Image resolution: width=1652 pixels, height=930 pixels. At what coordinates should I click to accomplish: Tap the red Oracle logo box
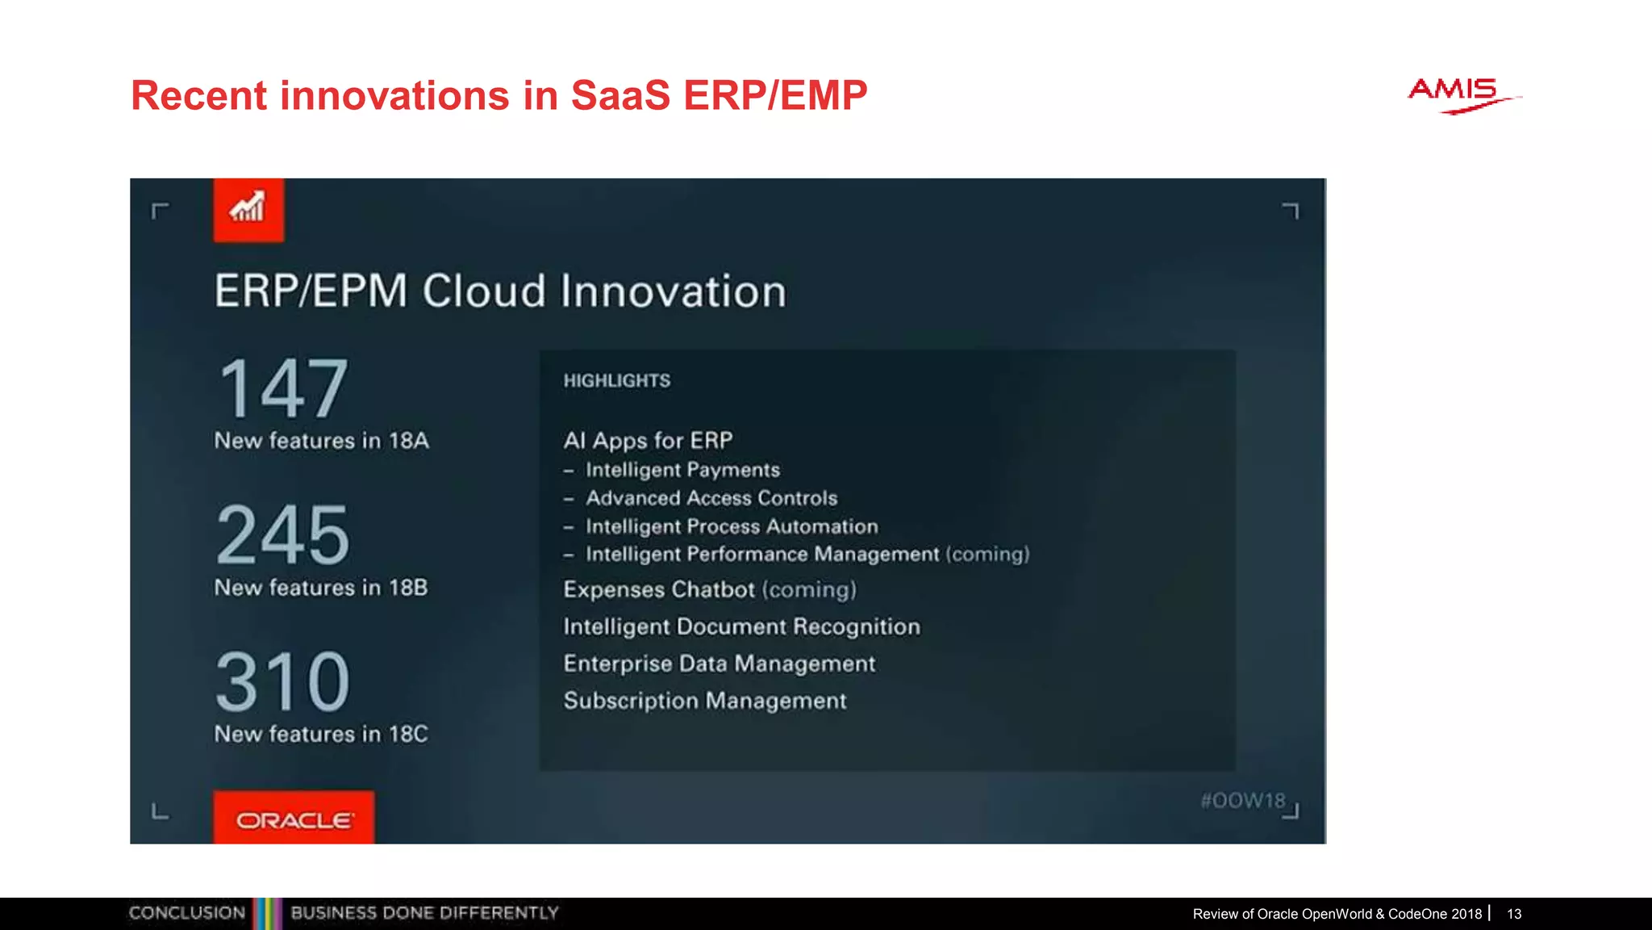294,819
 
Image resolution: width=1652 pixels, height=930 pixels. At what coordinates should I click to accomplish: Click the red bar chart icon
248,210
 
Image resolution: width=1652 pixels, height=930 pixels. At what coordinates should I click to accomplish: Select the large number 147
283,389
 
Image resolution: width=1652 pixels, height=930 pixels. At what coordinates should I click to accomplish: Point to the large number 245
283,535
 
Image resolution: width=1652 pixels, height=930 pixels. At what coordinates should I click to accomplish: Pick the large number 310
283,682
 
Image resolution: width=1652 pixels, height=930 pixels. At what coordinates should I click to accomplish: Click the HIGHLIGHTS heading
617,380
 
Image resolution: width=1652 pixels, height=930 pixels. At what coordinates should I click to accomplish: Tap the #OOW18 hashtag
1242,800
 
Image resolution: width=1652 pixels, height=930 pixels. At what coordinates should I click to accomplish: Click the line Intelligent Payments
682,470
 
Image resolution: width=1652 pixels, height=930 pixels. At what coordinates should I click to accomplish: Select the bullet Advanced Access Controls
711,498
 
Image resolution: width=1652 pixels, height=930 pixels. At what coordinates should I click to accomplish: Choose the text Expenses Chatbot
659,589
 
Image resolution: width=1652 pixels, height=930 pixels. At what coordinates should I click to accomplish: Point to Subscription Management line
705,700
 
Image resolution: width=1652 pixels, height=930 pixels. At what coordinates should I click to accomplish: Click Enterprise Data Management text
719,664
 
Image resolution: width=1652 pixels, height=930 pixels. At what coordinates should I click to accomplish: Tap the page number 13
1514,914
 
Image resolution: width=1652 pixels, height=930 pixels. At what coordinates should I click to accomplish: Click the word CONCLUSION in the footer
187,913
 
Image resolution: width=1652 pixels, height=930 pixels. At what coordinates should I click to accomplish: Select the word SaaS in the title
620,95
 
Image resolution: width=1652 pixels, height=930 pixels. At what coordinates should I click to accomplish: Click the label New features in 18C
321,734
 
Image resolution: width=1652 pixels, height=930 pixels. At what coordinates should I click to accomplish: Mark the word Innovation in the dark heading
673,291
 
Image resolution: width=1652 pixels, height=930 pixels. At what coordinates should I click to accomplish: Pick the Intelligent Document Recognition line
741,626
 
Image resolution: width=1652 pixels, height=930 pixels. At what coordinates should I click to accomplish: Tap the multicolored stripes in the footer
267,914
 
